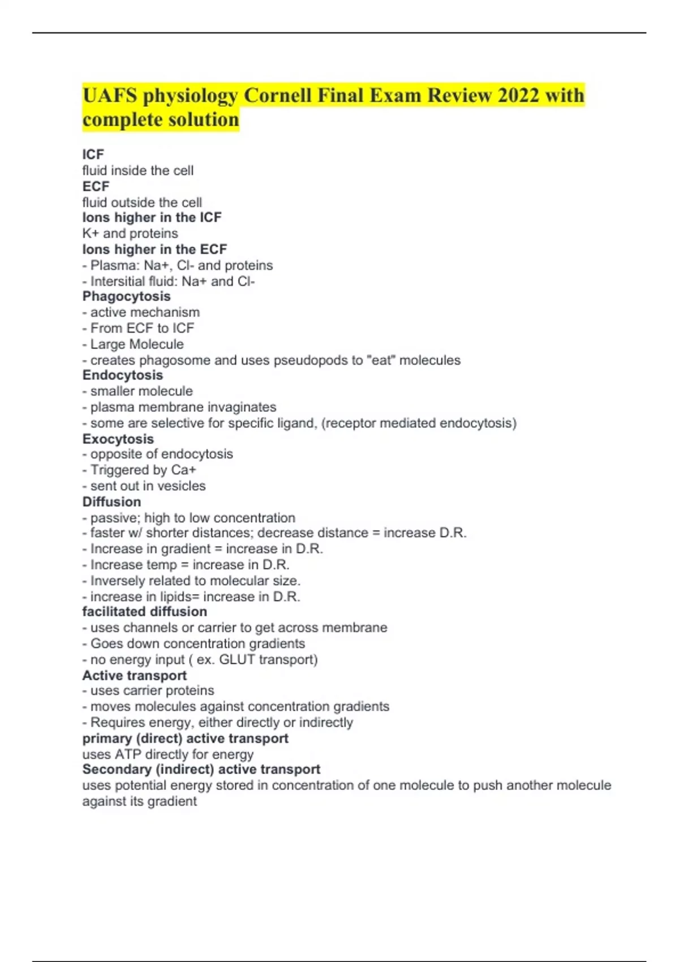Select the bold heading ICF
(x=93, y=154)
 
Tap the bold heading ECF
(x=96, y=186)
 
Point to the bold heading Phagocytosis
(x=126, y=297)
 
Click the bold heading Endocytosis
(x=122, y=375)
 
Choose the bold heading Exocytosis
(x=118, y=439)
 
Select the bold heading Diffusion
(x=111, y=502)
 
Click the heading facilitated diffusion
(x=144, y=612)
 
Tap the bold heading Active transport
(x=134, y=676)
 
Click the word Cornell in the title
(x=277, y=96)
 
